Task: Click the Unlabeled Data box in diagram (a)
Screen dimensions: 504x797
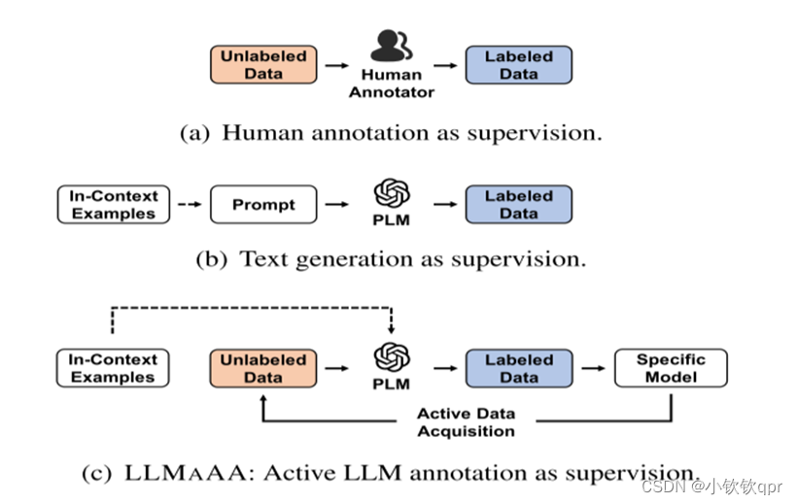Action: [x=263, y=64]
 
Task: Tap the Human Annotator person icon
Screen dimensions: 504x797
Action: [x=392, y=47]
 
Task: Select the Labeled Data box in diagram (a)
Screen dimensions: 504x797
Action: [x=518, y=64]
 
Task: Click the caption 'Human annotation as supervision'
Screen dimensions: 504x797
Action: [x=392, y=133]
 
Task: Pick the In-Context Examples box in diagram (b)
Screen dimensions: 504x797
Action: [x=113, y=205]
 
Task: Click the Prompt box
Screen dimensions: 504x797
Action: [x=263, y=205]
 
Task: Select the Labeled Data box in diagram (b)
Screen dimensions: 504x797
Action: [x=518, y=205]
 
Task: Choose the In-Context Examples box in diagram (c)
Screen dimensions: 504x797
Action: [x=113, y=369]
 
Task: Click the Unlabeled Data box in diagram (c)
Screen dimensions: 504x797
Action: [x=263, y=369]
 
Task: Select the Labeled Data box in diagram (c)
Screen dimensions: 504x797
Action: [x=518, y=369]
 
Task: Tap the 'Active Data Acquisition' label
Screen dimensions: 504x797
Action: [x=466, y=422]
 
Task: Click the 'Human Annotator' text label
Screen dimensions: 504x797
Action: [x=392, y=83]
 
